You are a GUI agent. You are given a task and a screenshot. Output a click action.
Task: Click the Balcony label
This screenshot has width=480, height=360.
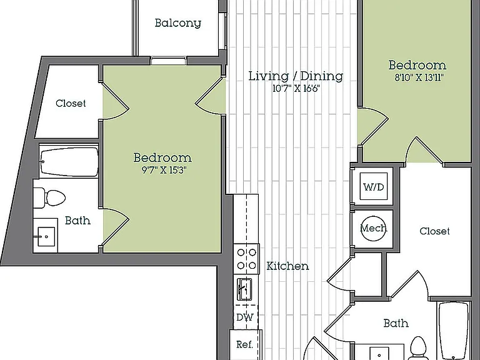(x=178, y=23)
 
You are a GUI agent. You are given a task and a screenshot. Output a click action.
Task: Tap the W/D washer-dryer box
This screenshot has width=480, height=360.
(x=374, y=186)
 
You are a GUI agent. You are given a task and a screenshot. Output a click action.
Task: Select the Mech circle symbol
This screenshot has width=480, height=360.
(x=374, y=228)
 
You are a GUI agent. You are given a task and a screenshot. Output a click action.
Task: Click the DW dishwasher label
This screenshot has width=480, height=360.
(x=245, y=317)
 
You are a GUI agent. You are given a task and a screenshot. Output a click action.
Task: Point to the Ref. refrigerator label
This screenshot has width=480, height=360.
(x=245, y=344)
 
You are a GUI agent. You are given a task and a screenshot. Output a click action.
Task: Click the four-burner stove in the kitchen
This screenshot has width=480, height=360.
(x=246, y=259)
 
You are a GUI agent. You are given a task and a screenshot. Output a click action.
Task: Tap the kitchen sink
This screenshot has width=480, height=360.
(x=244, y=289)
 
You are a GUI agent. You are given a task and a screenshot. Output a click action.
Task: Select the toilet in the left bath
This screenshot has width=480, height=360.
(x=49, y=197)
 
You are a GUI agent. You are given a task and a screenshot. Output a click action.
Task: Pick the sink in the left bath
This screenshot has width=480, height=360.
(x=45, y=236)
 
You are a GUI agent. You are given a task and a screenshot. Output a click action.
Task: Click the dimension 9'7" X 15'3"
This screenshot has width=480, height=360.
(x=164, y=170)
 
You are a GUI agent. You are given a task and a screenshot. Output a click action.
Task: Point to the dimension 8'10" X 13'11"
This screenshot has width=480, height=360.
(x=419, y=77)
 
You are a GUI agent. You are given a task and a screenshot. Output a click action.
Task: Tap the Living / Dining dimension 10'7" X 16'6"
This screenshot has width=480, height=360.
(x=296, y=89)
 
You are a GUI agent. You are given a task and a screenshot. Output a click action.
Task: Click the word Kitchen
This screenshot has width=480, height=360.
(x=287, y=266)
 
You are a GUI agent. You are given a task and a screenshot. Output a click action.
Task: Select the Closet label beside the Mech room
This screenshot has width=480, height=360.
(x=435, y=231)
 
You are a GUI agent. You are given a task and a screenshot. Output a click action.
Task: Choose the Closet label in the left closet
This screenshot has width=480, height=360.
(x=71, y=103)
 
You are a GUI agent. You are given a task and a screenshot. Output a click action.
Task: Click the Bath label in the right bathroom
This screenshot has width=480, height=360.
(x=396, y=323)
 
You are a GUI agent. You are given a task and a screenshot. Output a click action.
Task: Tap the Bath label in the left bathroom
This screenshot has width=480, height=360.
(x=77, y=221)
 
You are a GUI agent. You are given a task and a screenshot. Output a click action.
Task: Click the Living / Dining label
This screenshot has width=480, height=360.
(x=296, y=76)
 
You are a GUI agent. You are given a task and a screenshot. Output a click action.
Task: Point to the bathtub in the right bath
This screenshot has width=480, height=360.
(x=454, y=331)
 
